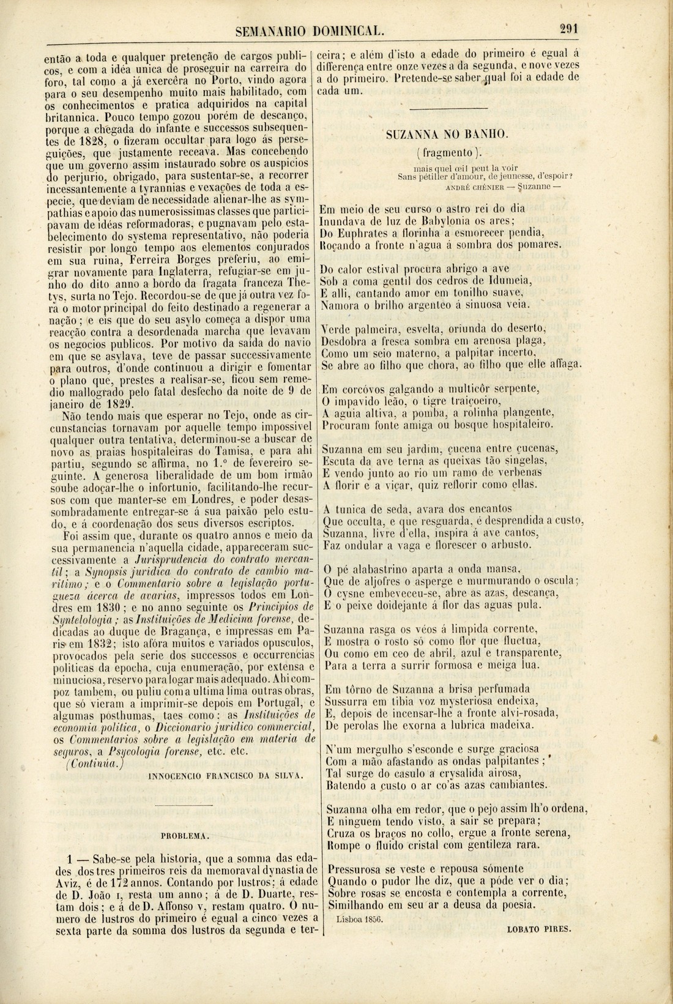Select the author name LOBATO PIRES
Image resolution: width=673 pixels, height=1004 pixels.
539,928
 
